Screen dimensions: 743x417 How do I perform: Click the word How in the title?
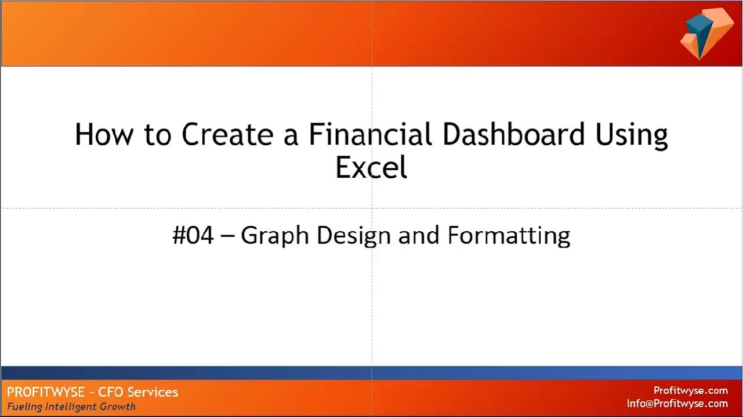104,134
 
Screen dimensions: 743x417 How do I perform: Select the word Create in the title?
227,134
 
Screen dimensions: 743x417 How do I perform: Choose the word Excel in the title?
371,167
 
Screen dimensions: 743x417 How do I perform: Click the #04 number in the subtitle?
193,235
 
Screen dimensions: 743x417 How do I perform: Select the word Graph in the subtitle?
275,236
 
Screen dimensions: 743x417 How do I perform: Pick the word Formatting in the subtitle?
509,236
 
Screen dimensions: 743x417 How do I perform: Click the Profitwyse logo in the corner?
707,34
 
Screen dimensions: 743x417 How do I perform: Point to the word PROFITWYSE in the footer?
46,392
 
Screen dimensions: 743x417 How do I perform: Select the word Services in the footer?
153,392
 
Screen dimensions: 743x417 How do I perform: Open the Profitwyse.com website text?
691,391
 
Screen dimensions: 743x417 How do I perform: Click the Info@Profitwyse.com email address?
677,404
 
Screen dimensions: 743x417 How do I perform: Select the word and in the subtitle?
419,235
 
